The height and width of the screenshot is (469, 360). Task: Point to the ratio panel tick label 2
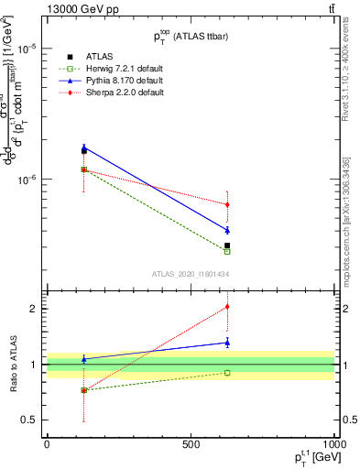33,309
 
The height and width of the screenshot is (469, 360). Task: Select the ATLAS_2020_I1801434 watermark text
191,274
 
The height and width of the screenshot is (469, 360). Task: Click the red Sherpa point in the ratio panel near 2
227,307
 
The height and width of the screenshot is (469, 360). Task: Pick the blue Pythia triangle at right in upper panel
227,230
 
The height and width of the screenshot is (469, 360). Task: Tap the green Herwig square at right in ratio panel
227,373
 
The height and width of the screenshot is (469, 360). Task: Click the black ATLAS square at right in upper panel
227,245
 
